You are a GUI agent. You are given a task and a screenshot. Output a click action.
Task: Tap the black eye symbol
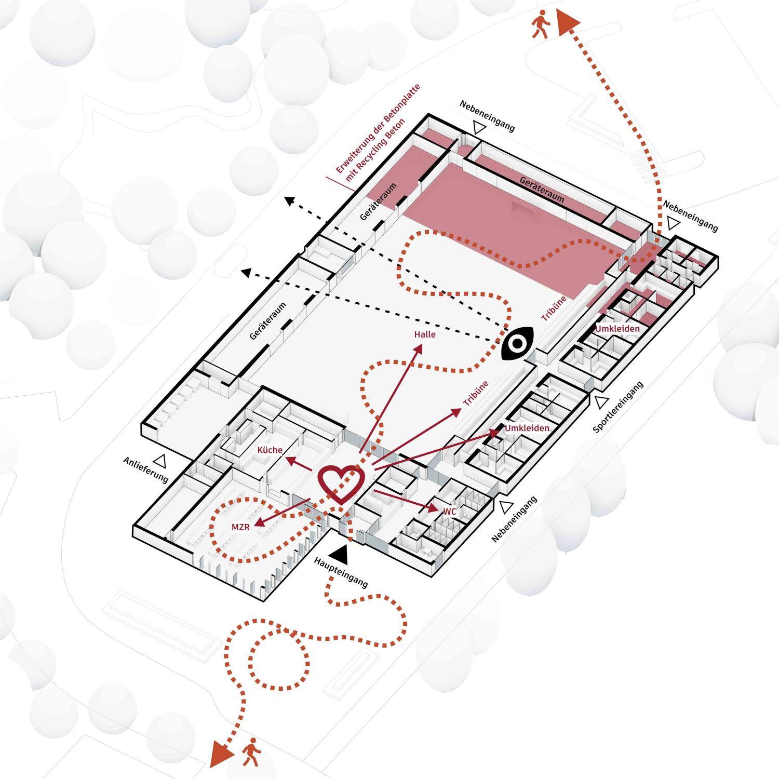[x=517, y=343]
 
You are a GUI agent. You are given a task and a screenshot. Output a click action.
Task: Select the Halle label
[x=425, y=334]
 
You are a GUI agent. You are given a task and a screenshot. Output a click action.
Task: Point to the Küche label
[x=270, y=450]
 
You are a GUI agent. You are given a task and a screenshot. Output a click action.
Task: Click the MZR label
[x=240, y=527]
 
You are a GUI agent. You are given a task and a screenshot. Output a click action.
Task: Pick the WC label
[x=450, y=512]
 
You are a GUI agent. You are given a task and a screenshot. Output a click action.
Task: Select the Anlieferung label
[x=146, y=469]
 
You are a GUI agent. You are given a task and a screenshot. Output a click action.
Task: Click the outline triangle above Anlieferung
[x=161, y=460]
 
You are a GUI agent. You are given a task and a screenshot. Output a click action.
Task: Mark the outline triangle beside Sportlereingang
[x=601, y=402]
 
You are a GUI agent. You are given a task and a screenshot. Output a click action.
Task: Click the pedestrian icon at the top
[x=540, y=24]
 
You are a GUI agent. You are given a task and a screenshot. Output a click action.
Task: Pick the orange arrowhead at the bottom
[x=222, y=755]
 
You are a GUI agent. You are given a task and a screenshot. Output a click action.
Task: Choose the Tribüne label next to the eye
[x=553, y=308]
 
